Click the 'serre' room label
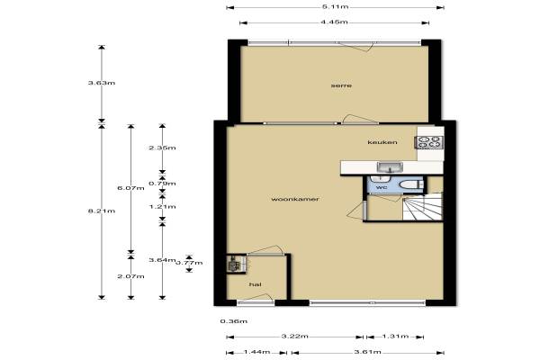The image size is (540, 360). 341,85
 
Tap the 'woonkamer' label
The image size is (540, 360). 295,199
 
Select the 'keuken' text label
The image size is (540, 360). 382,142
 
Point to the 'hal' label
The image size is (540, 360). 256,284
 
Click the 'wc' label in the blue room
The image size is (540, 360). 382,187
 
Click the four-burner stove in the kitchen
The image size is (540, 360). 429,142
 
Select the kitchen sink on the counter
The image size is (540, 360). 390,167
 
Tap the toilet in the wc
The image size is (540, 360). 411,184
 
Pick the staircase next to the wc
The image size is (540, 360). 423,207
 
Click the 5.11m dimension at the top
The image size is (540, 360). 335,6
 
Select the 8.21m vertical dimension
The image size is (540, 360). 102,211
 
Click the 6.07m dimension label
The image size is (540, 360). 130,188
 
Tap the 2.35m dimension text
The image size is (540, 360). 162,148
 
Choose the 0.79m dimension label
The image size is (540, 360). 162,184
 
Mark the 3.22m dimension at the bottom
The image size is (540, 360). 295,337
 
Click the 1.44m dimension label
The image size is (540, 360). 256,352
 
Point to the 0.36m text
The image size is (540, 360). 234,321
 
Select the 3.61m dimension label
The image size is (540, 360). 367,352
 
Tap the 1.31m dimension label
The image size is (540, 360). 395,337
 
